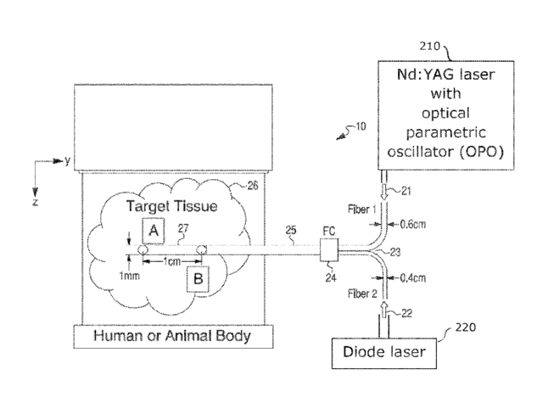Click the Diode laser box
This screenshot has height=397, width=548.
(384, 353)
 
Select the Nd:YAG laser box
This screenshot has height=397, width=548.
(446, 115)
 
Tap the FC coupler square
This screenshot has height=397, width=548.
(329, 250)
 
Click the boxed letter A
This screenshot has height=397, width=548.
(154, 231)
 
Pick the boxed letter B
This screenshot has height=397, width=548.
(198, 279)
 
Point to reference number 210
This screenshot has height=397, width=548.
(429, 46)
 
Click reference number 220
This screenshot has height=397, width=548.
(466, 327)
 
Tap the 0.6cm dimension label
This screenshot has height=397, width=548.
(413, 224)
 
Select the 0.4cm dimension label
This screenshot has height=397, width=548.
(413, 278)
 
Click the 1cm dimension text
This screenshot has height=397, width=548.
(172, 261)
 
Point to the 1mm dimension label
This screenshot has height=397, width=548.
(129, 276)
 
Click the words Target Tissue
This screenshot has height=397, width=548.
(171, 206)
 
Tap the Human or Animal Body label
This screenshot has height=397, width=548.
(172, 336)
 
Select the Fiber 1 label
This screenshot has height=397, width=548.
(361, 210)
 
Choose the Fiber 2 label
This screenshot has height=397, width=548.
(362, 294)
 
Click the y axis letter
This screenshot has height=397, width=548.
(68, 161)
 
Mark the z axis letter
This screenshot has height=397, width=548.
(35, 202)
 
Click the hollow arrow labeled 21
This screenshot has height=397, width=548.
(384, 192)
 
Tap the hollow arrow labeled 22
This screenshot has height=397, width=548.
(384, 310)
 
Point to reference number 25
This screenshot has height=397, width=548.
(291, 230)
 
